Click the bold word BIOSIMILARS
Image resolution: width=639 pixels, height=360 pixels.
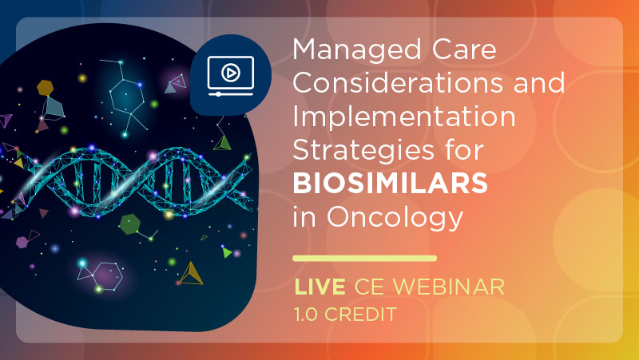click(x=390, y=184)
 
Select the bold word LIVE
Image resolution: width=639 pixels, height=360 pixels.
click(x=319, y=287)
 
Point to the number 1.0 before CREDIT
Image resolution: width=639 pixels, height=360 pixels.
click(x=306, y=314)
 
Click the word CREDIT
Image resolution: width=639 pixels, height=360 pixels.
click(x=360, y=314)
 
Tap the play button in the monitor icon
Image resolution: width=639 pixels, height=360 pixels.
click(x=231, y=73)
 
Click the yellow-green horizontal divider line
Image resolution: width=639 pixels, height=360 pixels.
click(x=365, y=258)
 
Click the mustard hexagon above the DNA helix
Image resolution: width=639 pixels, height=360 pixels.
click(x=45, y=88)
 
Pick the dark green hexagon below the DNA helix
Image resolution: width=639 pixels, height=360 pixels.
click(x=130, y=224)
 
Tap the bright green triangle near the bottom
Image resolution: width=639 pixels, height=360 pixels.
click(x=227, y=252)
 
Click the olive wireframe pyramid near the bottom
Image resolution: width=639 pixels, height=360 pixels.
click(x=191, y=274)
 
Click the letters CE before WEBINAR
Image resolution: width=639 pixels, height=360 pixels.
click(x=369, y=287)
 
